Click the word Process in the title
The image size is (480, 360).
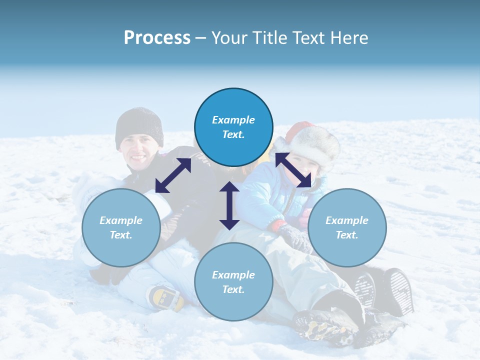click(157, 37)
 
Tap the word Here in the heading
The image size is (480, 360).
click(348, 37)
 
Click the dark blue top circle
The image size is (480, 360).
click(233, 127)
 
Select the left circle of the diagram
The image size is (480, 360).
click(121, 227)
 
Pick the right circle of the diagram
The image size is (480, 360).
click(347, 227)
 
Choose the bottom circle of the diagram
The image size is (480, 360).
click(233, 282)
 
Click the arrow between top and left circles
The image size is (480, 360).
click(173, 175)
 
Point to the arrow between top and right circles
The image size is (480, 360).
click(293, 170)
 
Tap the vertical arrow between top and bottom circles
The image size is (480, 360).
click(229, 205)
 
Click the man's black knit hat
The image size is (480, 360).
click(139, 126)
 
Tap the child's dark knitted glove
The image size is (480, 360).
click(294, 236)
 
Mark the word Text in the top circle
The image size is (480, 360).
click(233, 134)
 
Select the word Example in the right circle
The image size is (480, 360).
click(347, 220)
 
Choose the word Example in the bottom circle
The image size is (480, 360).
click(233, 275)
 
